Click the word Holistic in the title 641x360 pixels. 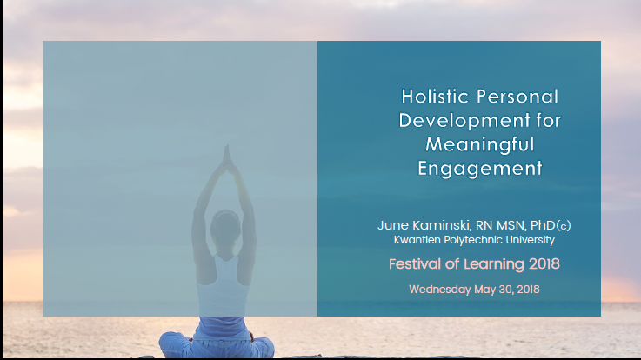coord(435,97)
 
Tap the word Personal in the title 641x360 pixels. coord(517,97)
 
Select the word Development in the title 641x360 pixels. coord(464,121)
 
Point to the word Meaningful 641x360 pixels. coord(480,145)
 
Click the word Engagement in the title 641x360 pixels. coord(480,170)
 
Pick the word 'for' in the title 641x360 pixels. coord(549,121)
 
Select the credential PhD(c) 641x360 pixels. coord(551,225)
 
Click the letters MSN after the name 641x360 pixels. coord(511,225)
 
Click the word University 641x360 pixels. coord(531,240)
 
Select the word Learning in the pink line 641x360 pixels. coord(494,265)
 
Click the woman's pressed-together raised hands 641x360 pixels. coord(226,157)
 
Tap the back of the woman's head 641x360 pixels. coord(225,226)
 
